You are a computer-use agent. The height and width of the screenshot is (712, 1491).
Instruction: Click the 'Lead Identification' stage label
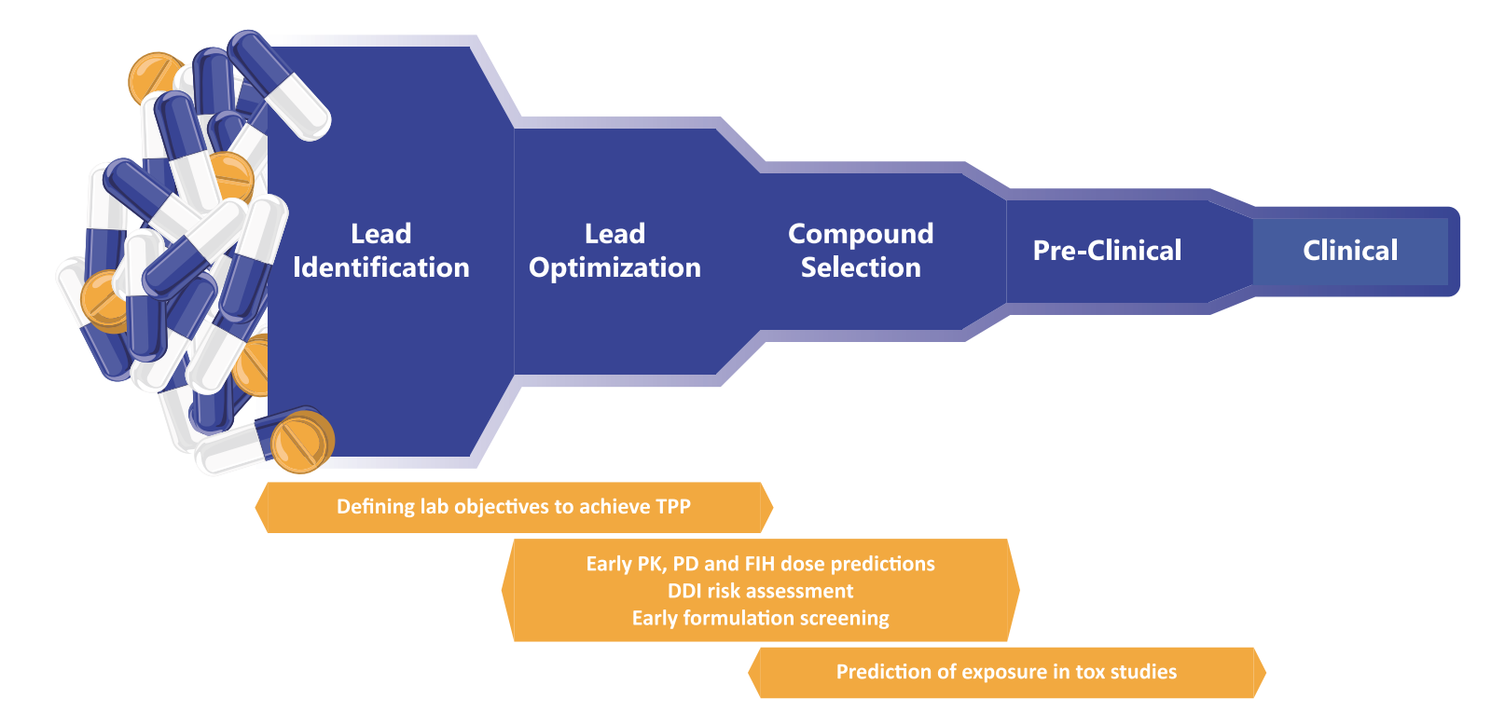[x=380, y=250]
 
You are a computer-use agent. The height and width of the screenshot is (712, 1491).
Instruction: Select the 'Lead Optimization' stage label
[x=614, y=250]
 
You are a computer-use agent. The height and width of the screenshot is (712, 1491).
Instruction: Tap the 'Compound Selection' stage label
[x=860, y=250]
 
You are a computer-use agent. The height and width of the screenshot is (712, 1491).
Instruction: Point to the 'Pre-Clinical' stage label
[x=1107, y=250]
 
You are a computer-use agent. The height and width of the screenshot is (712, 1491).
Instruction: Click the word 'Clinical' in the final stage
[x=1349, y=250]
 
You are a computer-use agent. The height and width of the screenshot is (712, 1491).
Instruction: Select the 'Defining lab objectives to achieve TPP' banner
[x=513, y=507]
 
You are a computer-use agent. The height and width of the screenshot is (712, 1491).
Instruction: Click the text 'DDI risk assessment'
[x=760, y=591]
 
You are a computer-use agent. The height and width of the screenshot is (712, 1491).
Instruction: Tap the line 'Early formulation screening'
[x=760, y=618]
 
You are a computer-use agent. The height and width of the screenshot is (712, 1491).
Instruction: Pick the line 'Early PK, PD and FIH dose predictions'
[x=760, y=564]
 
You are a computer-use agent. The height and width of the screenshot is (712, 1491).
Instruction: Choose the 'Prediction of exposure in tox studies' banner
[x=1006, y=672]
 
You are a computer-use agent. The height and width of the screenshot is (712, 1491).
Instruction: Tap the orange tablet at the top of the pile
[x=155, y=78]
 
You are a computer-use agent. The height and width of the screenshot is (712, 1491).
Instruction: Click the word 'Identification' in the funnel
[x=380, y=267]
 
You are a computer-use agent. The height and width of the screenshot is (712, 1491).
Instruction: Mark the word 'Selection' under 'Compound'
[x=860, y=267]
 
